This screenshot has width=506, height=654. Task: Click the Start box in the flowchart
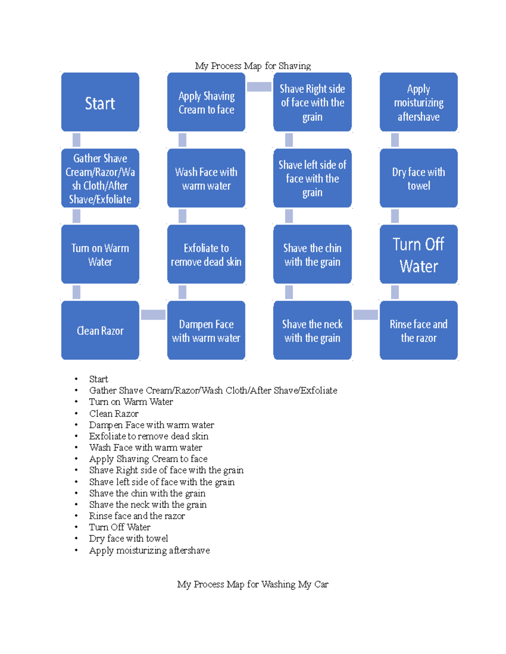point(100,102)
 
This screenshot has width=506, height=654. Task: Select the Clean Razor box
point(100,331)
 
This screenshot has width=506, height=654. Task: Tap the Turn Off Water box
point(418,254)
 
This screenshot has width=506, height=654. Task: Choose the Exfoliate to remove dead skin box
point(206,254)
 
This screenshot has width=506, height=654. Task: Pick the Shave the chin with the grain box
point(312,254)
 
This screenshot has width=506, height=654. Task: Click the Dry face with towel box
point(418,178)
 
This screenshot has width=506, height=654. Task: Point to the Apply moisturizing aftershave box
point(418,102)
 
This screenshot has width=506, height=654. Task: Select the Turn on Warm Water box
point(100,254)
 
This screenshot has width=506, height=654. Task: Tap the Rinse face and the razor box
point(418,331)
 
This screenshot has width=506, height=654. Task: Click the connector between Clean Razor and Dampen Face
point(153,315)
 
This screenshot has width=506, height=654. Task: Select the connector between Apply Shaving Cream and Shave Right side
point(259,87)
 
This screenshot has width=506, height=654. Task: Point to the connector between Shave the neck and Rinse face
point(366,315)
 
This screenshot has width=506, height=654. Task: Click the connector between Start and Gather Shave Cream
point(76,140)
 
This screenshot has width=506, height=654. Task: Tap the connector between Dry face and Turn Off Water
point(395,216)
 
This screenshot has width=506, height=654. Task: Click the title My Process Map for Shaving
point(253,66)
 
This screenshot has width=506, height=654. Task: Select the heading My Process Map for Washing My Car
point(253,584)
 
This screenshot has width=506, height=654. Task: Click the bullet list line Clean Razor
point(113,414)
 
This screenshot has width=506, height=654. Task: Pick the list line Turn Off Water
point(119,527)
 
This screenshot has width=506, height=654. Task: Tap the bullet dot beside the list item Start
point(76,379)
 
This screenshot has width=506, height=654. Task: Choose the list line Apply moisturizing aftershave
point(149,550)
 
